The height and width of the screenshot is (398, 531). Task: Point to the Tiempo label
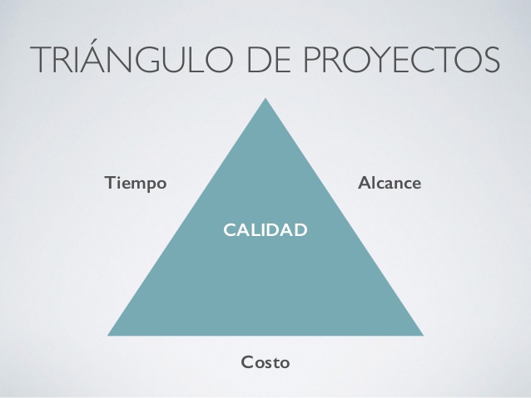[136, 182]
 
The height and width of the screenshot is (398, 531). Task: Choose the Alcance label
[390, 182]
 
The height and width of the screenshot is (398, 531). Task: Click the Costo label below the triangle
[265, 362]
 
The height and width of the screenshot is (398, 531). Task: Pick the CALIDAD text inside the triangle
[265, 228]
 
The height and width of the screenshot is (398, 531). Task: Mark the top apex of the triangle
[265, 99]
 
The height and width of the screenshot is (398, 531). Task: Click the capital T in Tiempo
[109, 182]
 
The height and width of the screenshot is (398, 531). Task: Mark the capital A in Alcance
[363, 182]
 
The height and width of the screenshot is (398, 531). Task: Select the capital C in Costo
[246, 362]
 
